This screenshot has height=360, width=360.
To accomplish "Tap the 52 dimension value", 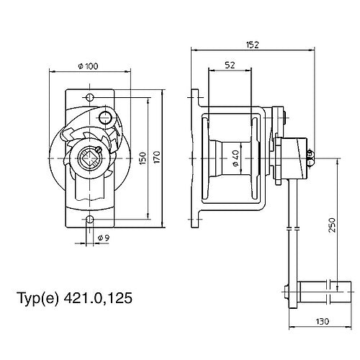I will pos(230,64).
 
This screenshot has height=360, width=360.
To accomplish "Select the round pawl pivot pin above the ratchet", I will pos(107,117).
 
